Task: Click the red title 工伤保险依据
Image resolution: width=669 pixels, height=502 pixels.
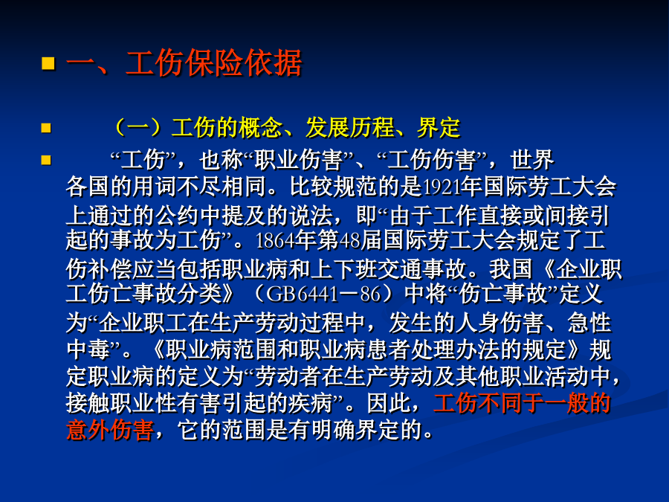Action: pyautogui.click(x=214, y=63)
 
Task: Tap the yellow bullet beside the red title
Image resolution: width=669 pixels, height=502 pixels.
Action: pyautogui.click(x=48, y=63)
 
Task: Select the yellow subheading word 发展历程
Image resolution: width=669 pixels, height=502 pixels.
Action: pyautogui.click(x=350, y=127)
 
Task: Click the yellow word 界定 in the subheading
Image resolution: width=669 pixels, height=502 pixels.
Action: pyautogui.click(x=439, y=127)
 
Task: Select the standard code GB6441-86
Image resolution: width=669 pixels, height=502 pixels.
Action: pyautogui.click(x=323, y=294)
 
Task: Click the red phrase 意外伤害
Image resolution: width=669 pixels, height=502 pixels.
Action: pyautogui.click(x=110, y=429)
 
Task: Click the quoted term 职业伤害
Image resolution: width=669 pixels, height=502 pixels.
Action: pyautogui.click(x=298, y=160)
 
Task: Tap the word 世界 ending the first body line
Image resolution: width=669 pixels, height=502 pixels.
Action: pyautogui.click(x=532, y=160)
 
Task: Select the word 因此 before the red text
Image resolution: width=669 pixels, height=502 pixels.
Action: pyautogui.click(x=389, y=403)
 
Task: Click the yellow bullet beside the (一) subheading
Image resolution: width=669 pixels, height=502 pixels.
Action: pyautogui.click(x=46, y=128)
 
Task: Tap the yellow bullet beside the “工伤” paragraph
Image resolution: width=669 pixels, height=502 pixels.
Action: pyautogui.click(x=46, y=160)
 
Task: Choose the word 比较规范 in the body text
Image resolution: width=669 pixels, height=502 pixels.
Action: pyautogui.click(x=334, y=187)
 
